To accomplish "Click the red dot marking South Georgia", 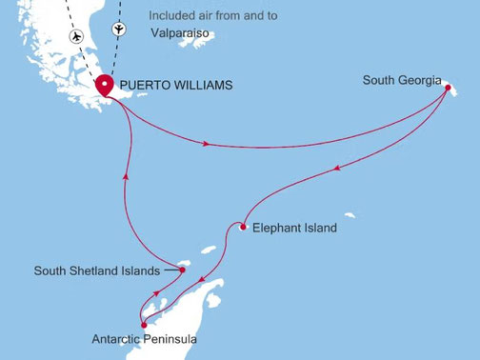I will pyautogui.click(x=445, y=85).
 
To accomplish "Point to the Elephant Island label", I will pyautogui.click(x=294, y=228).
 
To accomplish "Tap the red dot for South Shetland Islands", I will pyautogui.click(x=182, y=270).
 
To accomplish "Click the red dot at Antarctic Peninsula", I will pyautogui.click(x=144, y=325).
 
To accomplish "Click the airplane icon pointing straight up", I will pyautogui.click(x=118, y=28).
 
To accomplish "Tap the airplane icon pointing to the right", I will pyautogui.click(x=76, y=35).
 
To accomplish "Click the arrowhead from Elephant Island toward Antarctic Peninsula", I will pyautogui.click(x=205, y=283).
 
